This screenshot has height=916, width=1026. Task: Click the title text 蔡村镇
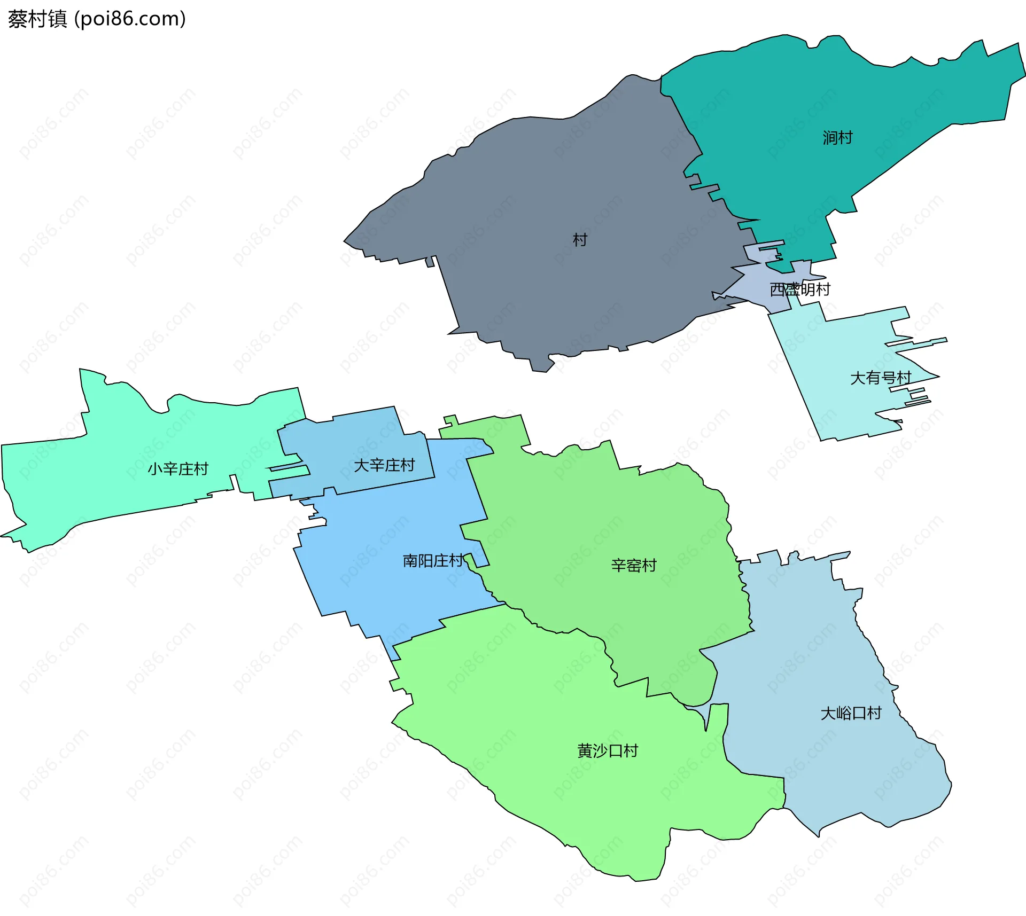(37, 19)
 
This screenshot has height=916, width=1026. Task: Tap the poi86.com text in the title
(130, 19)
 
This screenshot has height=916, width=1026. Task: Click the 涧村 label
(837, 138)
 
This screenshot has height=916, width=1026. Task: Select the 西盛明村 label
(800, 289)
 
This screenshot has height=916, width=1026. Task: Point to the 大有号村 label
(881, 378)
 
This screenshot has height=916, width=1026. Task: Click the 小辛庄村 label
(178, 469)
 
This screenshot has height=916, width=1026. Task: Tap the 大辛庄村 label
(384, 465)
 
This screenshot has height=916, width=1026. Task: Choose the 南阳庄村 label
(433, 561)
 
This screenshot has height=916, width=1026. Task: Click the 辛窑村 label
(634, 565)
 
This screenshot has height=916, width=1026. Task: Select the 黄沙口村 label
(608, 751)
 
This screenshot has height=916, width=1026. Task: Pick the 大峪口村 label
(851, 713)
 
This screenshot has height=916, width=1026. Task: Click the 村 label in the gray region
(580, 240)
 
